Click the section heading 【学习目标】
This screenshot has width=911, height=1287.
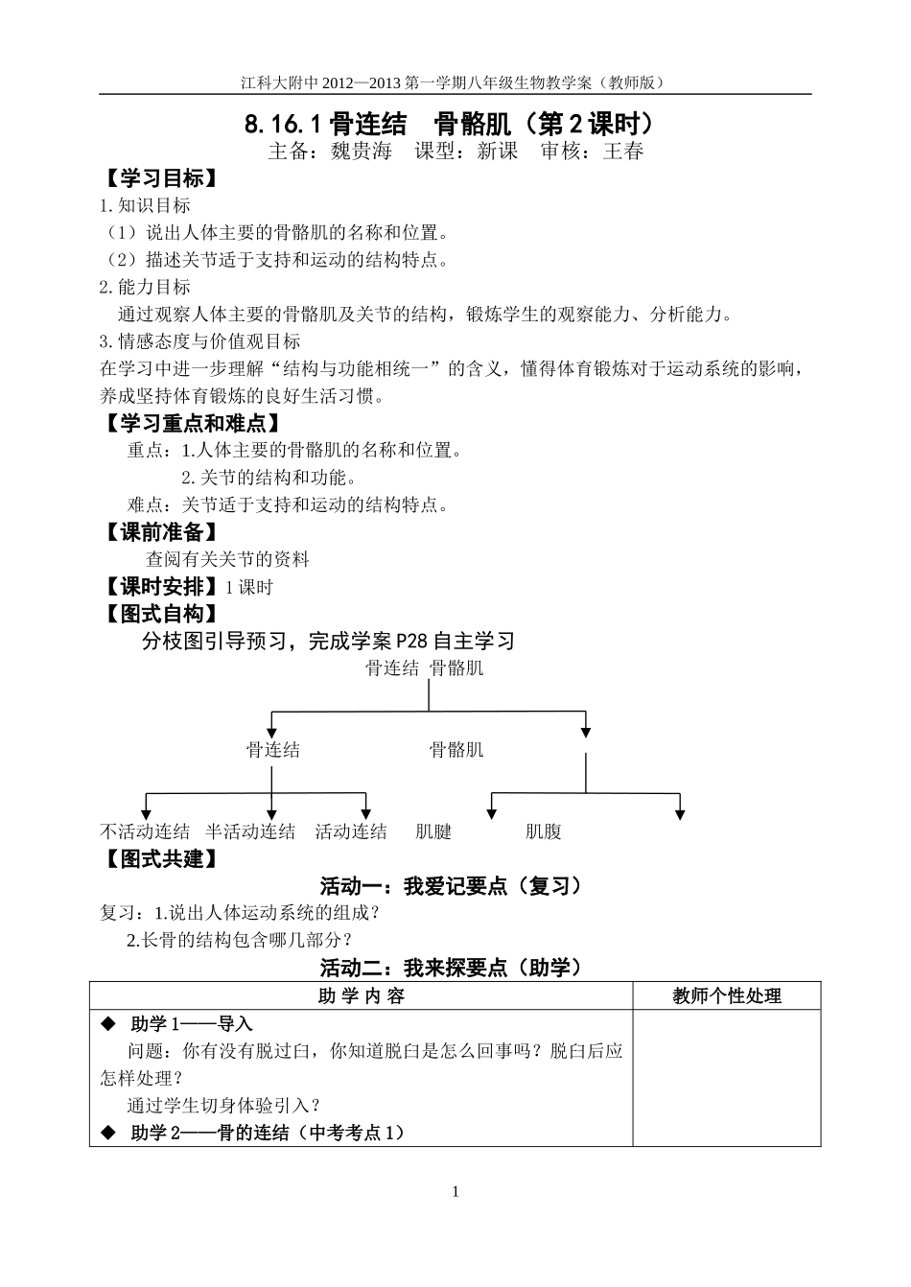(x=158, y=178)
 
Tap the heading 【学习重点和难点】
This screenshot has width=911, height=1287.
(x=193, y=423)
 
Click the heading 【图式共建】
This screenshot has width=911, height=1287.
(x=158, y=858)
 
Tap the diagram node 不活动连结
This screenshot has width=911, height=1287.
(x=145, y=831)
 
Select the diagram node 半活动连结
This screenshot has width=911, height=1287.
(x=250, y=831)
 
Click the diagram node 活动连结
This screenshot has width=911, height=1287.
(x=351, y=831)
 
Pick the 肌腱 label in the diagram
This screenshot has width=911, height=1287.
(x=433, y=831)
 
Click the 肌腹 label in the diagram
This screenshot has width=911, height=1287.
(x=543, y=831)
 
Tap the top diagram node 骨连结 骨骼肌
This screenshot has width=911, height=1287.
(x=424, y=668)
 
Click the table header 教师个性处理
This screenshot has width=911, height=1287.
(x=726, y=996)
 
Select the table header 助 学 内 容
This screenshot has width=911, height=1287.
(x=361, y=996)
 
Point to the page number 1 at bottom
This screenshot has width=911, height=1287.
(x=455, y=1192)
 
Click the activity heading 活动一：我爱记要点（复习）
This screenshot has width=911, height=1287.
(x=451, y=886)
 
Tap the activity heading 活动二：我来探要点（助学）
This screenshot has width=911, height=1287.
(x=451, y=968)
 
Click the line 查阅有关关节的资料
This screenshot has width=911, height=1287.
(x=227, y=559)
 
